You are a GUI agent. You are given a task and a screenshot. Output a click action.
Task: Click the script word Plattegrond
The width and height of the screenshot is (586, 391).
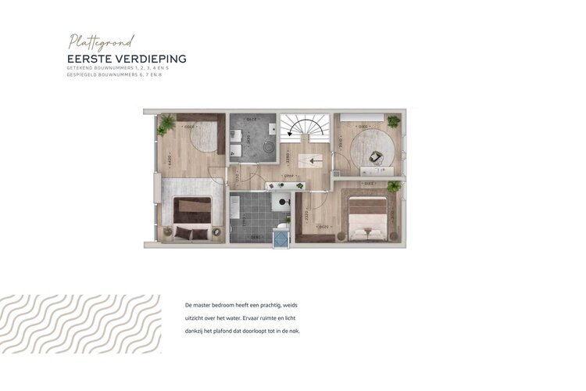[x=102, y=41]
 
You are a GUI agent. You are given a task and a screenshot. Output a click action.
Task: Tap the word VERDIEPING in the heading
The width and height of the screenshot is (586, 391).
[x=153, y=59]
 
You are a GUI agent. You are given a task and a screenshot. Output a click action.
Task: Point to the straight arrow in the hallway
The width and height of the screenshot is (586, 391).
[x=314, y=162]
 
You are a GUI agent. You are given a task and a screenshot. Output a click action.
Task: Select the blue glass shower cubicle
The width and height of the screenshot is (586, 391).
[x=280, y=238]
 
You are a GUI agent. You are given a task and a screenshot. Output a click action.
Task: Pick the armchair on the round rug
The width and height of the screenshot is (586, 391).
[x=376, y=156]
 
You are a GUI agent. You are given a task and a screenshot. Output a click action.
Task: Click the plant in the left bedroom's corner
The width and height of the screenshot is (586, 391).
[x=166, y=126]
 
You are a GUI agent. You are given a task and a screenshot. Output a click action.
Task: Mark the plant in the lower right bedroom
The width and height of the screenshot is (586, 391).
[x=393, y=186]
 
